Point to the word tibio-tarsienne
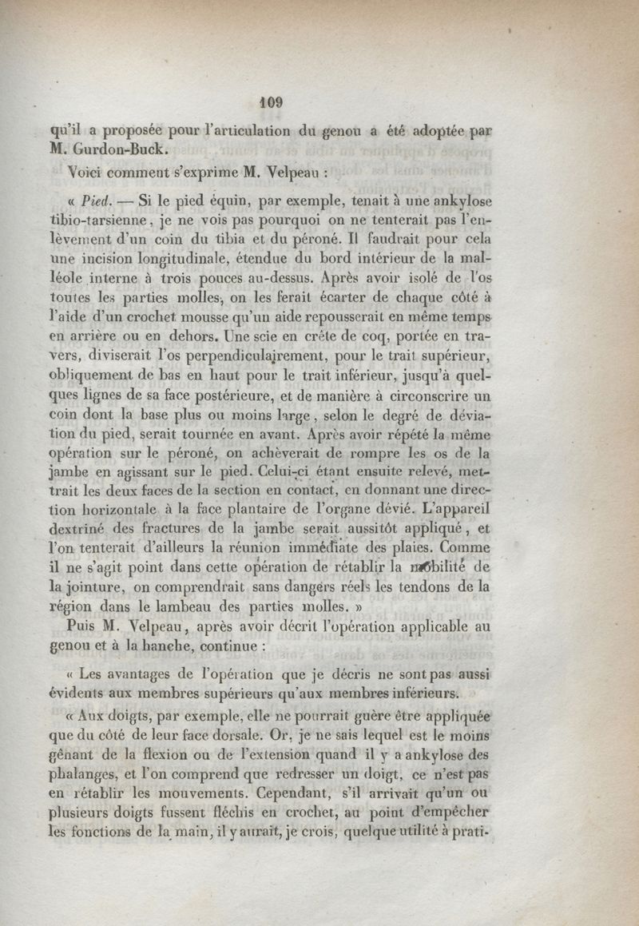tap(94, 219)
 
